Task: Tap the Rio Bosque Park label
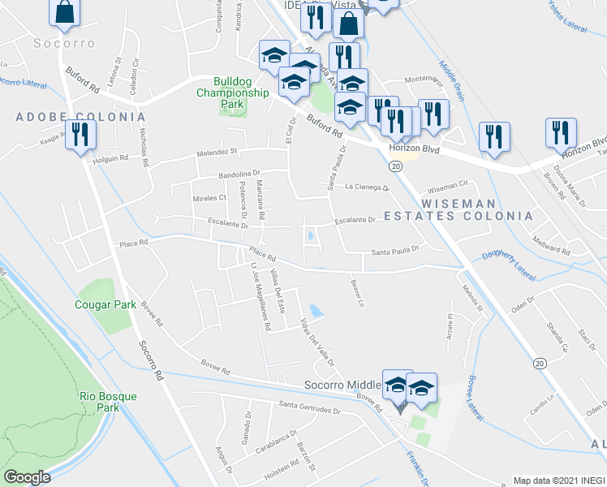tap(109, 402)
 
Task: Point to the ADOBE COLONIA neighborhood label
tap(81, 117)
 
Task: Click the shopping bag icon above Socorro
tap(64, 12)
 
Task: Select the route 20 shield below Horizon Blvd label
tap(395, 166)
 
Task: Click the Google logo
tap(27, 477)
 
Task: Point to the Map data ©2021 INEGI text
tap(558, 481)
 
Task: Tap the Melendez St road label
tap(214, 152)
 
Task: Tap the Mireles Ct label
tap(209, 198)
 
